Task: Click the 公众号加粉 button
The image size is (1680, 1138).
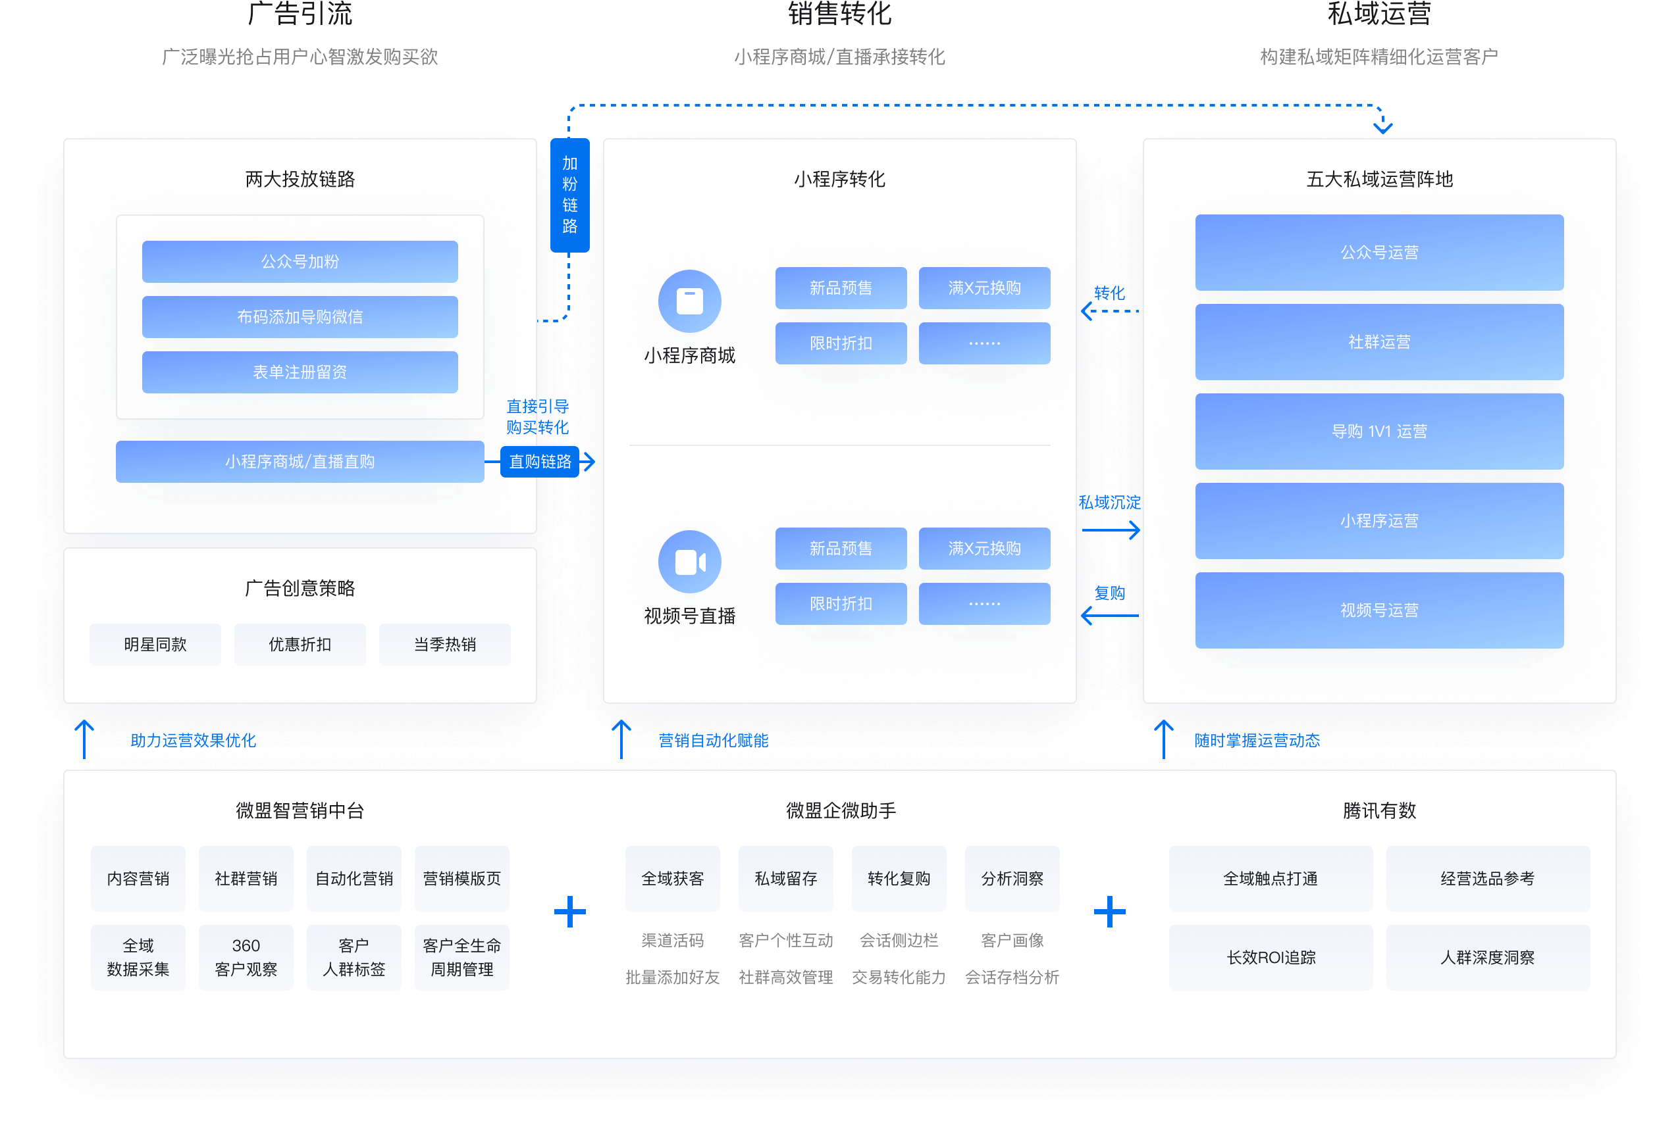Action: coord(300,262)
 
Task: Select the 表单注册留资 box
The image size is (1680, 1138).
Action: coord(300,372)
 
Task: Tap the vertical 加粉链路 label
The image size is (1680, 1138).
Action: coord(569,195)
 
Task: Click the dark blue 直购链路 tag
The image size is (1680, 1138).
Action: coord(540,462)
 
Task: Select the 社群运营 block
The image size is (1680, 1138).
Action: coord(1378,342)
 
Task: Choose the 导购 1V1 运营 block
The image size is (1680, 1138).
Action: coord(1378,432)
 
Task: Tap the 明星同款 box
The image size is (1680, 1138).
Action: coord(155,645)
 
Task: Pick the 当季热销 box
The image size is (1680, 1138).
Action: coord(444,645)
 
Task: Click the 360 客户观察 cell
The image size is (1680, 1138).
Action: coord(246,957)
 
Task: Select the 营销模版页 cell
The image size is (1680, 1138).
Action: coord(462,879)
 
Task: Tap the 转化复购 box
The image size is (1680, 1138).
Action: coord(899,879)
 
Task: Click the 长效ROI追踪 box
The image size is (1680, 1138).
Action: coord(1270,957)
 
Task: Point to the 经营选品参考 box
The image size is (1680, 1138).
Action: coord(1487,879)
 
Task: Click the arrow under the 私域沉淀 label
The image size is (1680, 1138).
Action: coord(1111,530)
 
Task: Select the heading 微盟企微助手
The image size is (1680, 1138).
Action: coord(841,810)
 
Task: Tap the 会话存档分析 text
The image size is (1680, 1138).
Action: coord(1011,977)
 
